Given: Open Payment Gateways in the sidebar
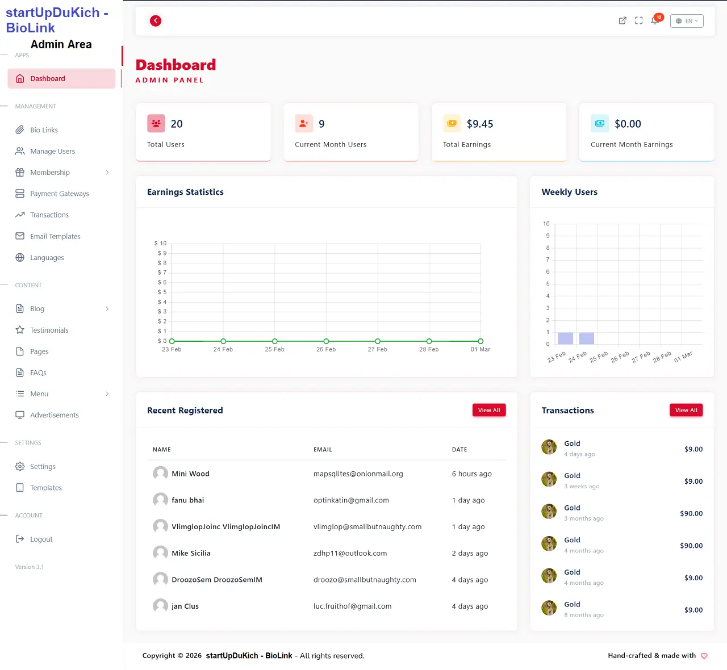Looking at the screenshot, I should (59, 194).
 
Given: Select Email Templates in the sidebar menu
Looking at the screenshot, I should (55, 236).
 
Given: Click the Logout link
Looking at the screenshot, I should (41, 539).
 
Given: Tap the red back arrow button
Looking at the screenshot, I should (156, 21).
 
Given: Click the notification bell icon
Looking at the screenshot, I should (655, 21).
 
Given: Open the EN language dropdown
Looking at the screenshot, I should (687, 21).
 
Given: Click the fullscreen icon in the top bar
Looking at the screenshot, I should (638, 21).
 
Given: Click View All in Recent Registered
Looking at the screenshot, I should (488, 411).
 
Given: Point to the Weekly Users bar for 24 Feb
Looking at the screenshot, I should (587, 338).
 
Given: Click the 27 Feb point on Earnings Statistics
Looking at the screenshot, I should (378, 341).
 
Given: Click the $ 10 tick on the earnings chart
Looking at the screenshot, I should (161, 244).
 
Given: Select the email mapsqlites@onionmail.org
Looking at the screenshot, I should (358, 474).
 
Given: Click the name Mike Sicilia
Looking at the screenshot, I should (191, 554).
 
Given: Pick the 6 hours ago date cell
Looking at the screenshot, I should (471, 474).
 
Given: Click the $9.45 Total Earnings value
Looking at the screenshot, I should (480, 124).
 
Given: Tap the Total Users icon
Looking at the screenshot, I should (156, 123).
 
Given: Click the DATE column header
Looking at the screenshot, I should (459, 450).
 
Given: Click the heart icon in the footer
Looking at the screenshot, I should (704, 656).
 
